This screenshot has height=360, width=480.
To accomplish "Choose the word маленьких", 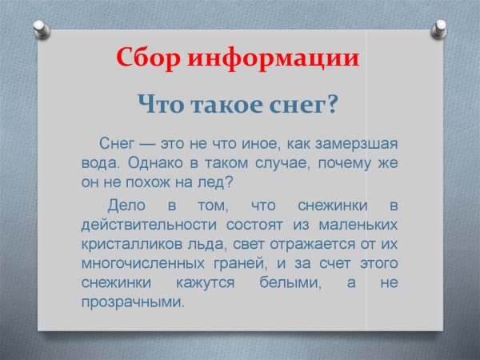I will pyautogui.click(x=360, y=224).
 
